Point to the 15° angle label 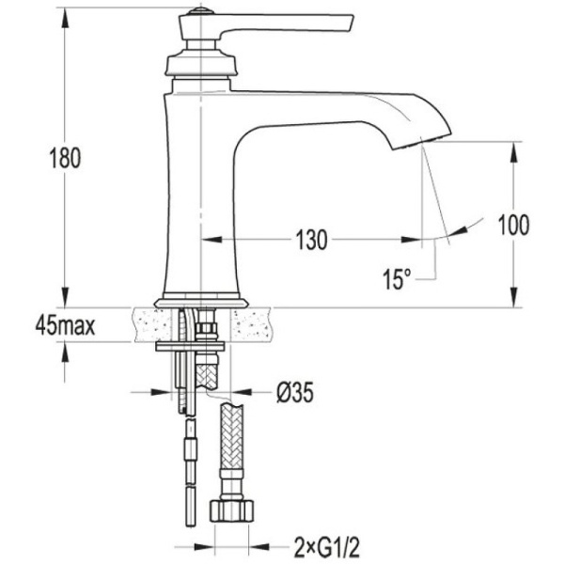pos(397,278)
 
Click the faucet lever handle pos(291,22)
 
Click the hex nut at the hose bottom pos(230,512)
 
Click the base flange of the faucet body pos(201,302)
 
